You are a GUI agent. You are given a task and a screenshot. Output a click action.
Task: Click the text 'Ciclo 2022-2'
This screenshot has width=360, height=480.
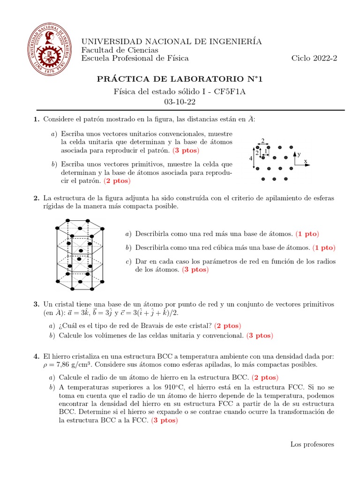point(314,58)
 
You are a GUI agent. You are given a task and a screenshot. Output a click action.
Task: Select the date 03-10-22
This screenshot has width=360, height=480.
point(180,101)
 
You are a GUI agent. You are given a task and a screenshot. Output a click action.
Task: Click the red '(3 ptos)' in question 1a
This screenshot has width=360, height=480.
point(186,151)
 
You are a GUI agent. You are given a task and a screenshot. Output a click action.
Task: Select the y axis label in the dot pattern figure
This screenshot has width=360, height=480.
point(299,154)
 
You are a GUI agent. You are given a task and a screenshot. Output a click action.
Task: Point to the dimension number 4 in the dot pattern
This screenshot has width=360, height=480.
point(251,158)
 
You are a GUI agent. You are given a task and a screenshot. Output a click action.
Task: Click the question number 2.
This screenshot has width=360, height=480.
point(36,198)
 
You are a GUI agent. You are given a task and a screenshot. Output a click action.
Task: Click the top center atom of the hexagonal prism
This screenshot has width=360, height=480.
point(68,220)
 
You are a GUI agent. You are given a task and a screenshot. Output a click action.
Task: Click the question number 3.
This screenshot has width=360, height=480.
point(36,304)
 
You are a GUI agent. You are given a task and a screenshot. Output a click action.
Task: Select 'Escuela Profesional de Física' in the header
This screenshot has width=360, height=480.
point(135,58)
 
